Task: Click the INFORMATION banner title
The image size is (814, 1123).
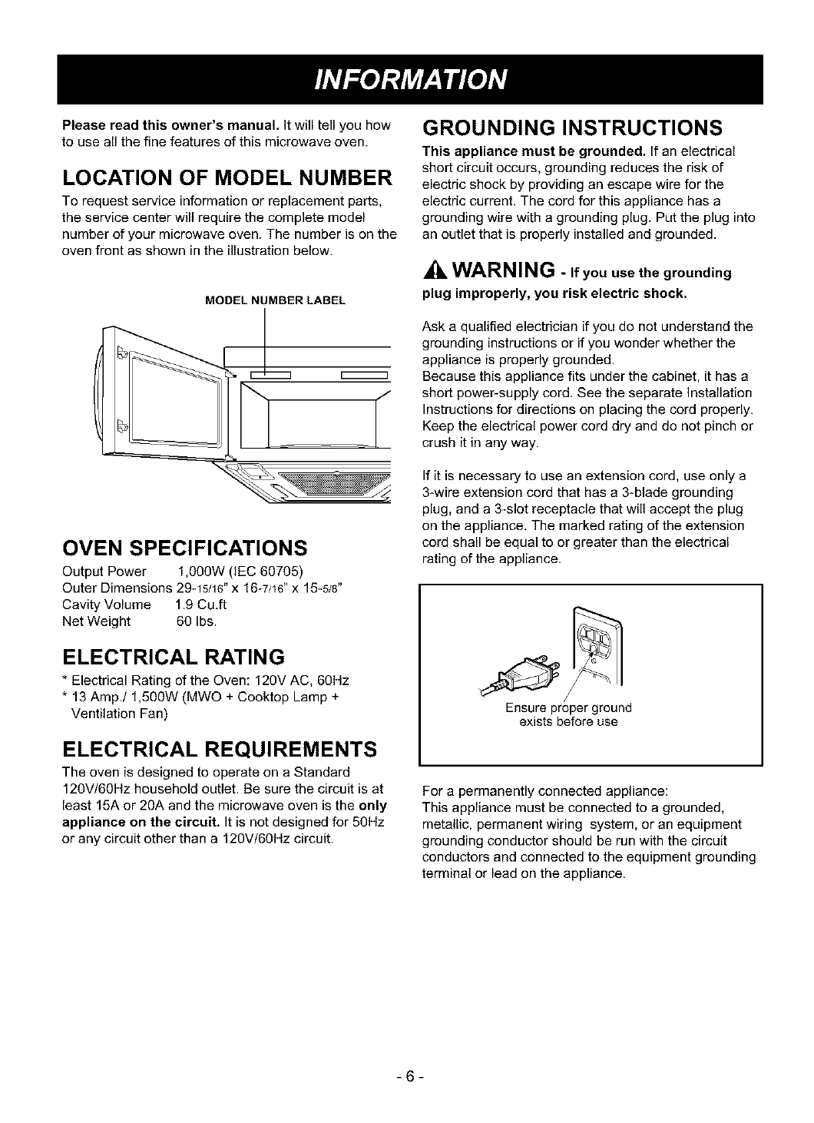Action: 407,79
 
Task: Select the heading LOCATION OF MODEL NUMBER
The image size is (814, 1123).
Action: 227,179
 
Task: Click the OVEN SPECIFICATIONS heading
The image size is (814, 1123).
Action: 184,548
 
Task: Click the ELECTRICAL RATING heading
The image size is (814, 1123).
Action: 173,658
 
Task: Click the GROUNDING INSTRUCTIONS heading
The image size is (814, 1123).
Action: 572,126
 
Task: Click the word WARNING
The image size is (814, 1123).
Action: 502,271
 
